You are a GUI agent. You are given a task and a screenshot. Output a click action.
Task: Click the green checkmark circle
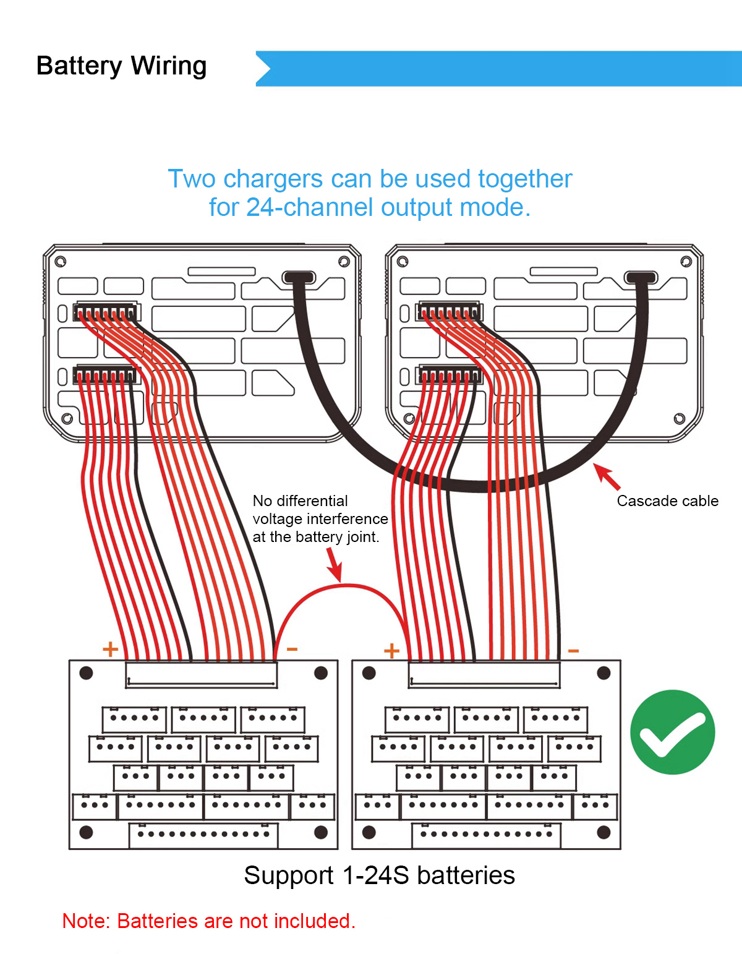click(x=673, y=732)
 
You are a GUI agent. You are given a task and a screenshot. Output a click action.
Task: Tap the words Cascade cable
click(x=667, y=501)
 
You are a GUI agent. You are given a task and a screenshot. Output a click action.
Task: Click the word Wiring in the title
click(x=168, y=66)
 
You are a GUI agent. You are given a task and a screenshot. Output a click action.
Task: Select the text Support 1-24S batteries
click(x=379, y=875)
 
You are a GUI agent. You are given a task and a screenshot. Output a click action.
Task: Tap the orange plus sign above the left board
click(x=110, y=649)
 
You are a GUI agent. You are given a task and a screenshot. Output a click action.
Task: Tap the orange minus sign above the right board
click(x=573, y=651)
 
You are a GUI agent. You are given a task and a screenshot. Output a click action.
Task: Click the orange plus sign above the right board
click(x=391, y=651)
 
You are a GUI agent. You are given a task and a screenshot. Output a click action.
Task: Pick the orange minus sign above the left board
click(x=292, y=649)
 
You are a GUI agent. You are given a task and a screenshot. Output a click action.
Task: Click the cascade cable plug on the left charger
click(x=299, y=277)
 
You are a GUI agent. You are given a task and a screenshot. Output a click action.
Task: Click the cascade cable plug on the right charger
click(x=641, y=277)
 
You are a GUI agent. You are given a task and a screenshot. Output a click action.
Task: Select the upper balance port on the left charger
click(x=106, y=312)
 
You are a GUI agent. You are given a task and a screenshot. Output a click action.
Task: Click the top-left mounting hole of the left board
click(x=87, y=673)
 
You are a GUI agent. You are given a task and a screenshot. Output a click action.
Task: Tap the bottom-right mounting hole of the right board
click(x=604, y=832)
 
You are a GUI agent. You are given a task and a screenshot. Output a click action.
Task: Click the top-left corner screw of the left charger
click(x=61, y=262)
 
